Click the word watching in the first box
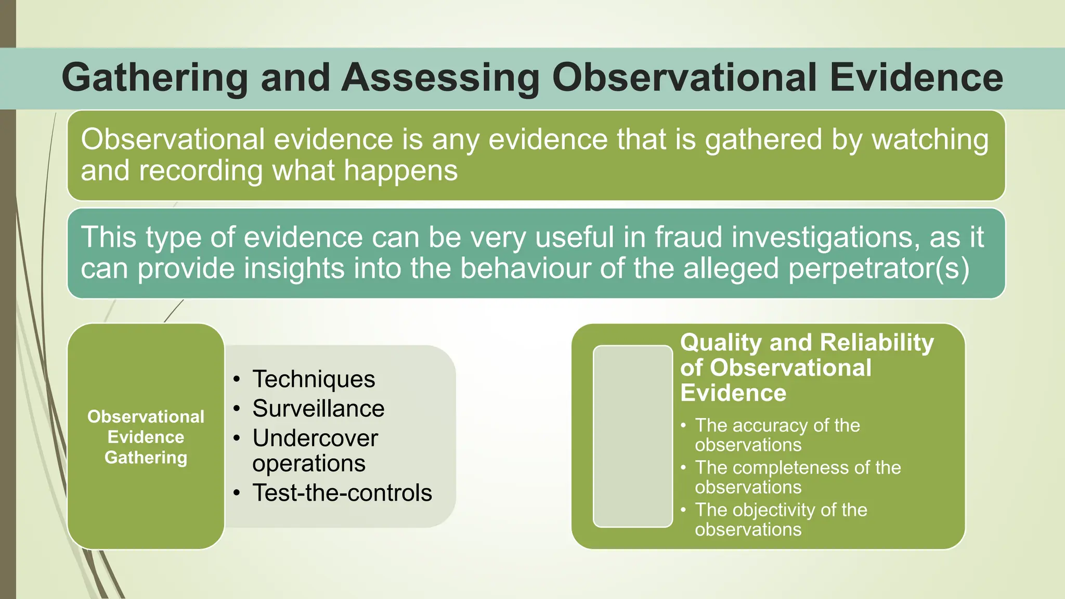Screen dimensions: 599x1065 pyautogui.click(x=930, y=140)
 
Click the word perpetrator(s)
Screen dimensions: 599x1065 pyautogui.click(x=878, y=269)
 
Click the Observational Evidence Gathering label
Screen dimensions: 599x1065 pyautogui.click(x=146, y=437)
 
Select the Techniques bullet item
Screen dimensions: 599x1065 pyautogui.click(x=314, y=379)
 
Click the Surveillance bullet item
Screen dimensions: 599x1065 pyautogui.click(x=318, y=409)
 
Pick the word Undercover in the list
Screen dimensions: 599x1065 pyautogui.click(x=315, y=438)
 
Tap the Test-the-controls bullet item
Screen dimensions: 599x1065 pyautogui.click(x=342, y=493)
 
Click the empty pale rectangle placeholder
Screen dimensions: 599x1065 pyautogui.click(x=633, y=436)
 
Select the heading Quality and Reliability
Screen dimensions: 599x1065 pyautogui.click(x=807, y=343)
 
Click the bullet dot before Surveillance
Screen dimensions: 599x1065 pyautogui.click(x=237, y=409)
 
